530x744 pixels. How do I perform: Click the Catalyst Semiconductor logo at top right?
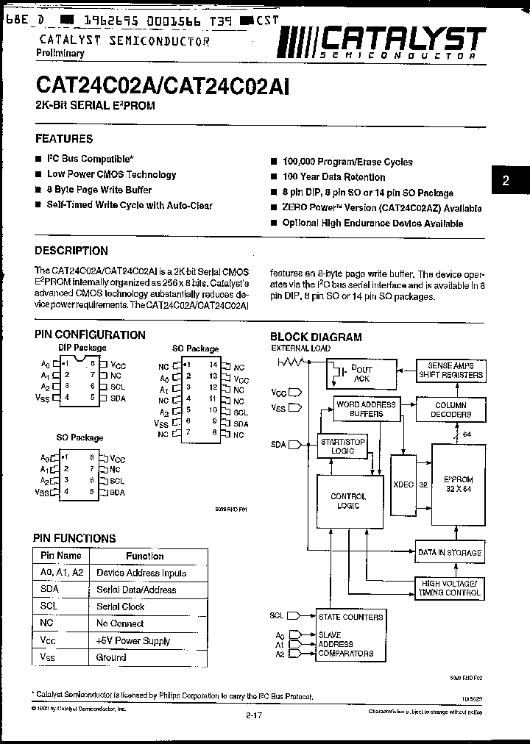click(383, 42)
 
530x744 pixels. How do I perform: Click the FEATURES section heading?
click(64, 138)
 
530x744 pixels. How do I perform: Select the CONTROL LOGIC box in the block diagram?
click(348, 501)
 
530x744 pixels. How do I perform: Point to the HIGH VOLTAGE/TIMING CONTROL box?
click(450, 586)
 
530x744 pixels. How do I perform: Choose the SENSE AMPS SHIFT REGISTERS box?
click(451, 370)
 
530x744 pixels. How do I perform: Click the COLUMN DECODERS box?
click(451, 409)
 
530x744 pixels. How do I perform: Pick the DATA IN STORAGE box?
click(450, 552)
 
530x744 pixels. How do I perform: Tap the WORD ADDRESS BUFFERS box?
click(366, 409)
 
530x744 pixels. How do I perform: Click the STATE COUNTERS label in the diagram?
click(350, 617)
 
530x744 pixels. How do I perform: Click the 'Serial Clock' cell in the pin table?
click(121, 607)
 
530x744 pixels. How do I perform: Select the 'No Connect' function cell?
click(120, 623)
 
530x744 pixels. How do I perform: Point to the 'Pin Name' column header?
click(60, 556)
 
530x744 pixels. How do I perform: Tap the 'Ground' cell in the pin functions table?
click(111, 657)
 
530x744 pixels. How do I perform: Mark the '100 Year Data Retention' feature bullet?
click(333, 177)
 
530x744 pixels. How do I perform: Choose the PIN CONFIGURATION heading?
click(90, 335)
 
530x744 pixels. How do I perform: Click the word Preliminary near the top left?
click(60, 53)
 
